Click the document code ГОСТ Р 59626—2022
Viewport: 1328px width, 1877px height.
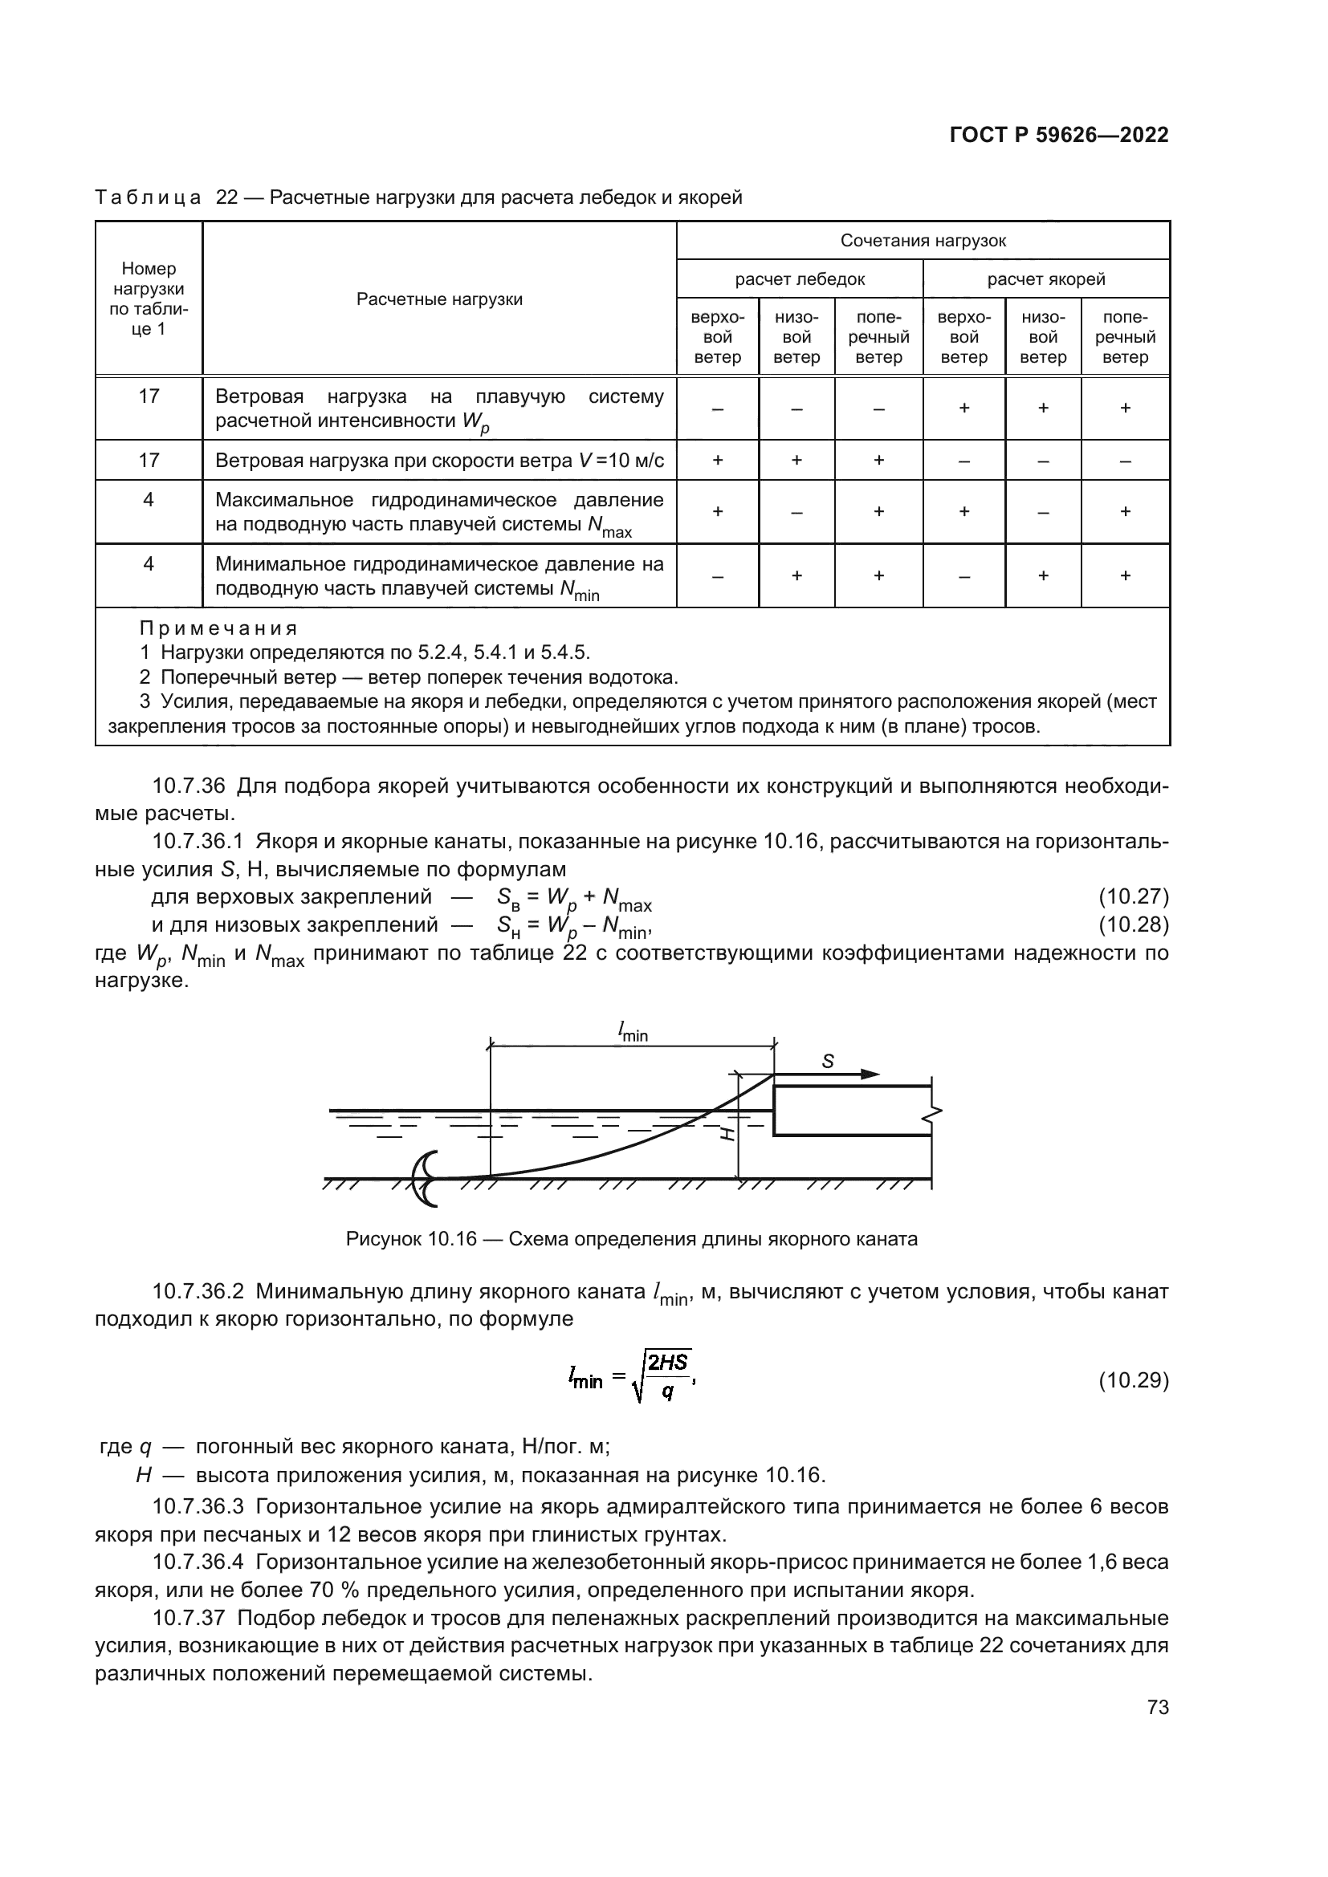click(1059, 136)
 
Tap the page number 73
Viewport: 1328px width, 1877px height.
click(1158, 1707)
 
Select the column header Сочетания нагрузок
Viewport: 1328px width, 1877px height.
click(923, 241)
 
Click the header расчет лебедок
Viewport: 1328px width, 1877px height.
click(799, 278)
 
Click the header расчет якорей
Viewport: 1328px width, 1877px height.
click(1045, 278)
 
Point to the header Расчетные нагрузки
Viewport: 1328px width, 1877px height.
click(439, 299)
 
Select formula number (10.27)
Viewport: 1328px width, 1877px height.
click(1133, 897)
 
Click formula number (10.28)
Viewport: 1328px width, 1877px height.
click(1133, 924)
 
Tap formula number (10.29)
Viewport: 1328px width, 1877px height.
click(1133, 1381)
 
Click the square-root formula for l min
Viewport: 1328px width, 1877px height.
click(631, 1380)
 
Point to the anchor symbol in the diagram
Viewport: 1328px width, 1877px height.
click(426, 1178)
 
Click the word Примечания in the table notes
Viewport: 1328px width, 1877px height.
click(218, 628)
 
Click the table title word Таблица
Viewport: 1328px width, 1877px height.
click(148, 198)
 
